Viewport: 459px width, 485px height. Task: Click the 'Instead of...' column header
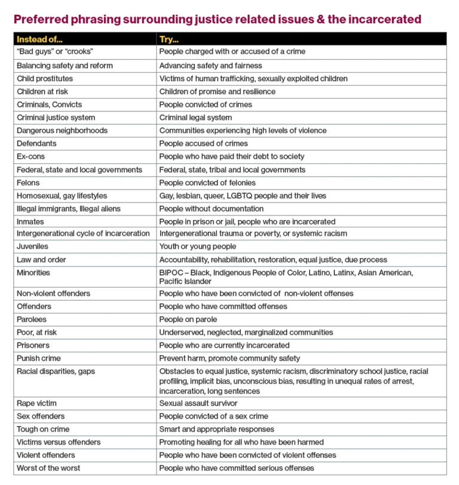[x=39, y=39]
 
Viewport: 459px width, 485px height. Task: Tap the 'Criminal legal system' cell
[x=195, y=118]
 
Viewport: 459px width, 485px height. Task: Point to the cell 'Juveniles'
[x=32, y=246]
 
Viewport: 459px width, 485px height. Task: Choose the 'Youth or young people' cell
[x=197, y=246]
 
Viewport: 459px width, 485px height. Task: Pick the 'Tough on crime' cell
[x=43, y=429]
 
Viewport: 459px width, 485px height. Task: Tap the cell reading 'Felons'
[x=28, y=183]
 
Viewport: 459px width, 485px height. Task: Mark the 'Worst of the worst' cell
[x=48, y=468]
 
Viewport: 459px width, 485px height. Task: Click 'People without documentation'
[x=211, y=209]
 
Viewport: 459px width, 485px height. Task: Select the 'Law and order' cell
[x=41, y=260]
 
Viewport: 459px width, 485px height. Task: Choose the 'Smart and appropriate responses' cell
[x=216, y=429]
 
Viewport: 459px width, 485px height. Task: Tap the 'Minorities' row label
[x=33, y=273]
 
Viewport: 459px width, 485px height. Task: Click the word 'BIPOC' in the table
[x=171, y=273]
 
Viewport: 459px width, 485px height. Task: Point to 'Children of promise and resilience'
[x=217, y=91]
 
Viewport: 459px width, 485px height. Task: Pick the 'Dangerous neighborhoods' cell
[x=62, y=131]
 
